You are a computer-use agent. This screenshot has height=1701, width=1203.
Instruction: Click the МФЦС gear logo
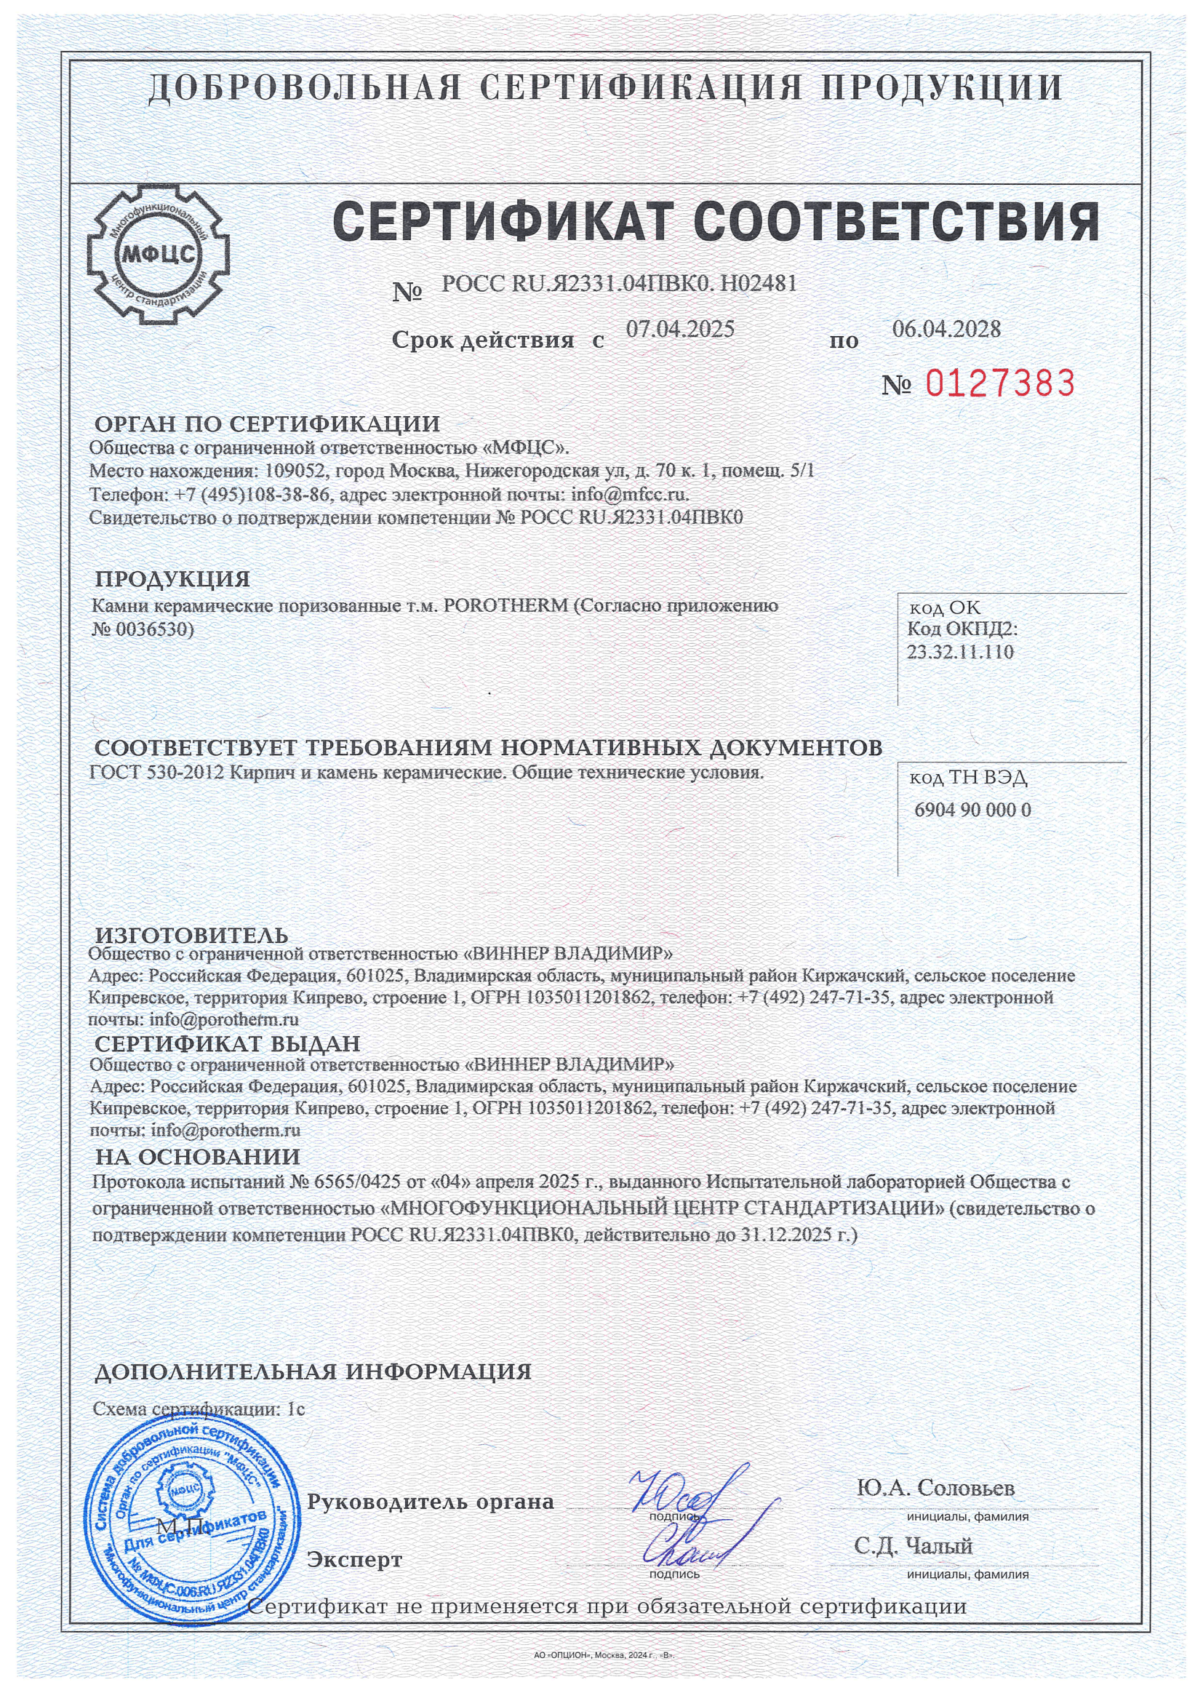158,255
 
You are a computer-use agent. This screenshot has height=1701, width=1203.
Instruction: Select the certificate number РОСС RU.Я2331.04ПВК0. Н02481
619,284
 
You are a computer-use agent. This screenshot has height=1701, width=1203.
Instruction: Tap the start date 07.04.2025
680,329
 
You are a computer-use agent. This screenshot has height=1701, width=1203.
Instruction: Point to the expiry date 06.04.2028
946,329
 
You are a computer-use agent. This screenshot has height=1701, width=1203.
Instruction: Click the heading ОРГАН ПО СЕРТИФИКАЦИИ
268,424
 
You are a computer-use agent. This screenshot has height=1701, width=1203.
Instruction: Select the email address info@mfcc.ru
630,493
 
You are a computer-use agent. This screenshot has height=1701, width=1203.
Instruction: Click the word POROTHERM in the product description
506,605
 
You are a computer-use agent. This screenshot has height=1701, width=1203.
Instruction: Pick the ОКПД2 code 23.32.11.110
960,652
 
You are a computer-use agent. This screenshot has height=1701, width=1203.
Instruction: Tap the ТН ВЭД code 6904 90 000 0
972,810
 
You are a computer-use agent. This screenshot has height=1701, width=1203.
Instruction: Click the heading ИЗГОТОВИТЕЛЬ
192,935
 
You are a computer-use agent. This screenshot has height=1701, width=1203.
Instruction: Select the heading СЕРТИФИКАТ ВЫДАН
228,1044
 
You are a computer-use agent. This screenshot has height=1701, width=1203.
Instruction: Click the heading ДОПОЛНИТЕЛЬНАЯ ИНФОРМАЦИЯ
313,1372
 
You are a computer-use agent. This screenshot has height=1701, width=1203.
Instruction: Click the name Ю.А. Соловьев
935,1488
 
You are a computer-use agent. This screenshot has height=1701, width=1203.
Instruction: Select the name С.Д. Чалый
913,1546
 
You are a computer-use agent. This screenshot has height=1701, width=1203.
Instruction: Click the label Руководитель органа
431,1502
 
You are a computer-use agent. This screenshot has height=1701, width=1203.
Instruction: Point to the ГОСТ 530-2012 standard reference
156,773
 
